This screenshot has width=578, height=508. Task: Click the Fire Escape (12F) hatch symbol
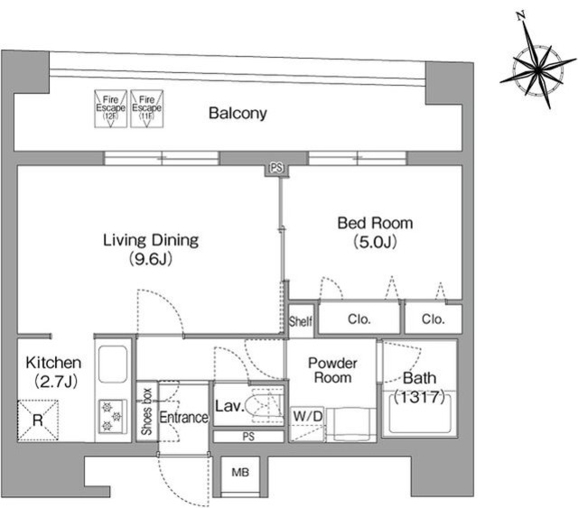110,108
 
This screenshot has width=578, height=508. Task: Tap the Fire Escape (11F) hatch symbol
146,108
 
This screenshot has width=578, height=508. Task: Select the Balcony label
238,113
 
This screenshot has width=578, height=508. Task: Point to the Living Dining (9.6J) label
151,249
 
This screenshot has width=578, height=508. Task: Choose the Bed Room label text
376,223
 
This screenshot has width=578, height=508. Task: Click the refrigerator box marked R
38,420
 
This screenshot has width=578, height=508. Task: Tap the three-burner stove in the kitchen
113,417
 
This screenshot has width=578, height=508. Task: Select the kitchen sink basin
113,365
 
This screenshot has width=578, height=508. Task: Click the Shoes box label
146,411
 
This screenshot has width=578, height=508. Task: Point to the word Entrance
184,418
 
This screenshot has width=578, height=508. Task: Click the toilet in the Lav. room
266,406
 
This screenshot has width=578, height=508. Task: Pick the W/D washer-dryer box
307,424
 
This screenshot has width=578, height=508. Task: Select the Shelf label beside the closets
301,321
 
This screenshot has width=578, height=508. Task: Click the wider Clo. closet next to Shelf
359,319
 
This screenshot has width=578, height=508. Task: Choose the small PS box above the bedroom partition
277,169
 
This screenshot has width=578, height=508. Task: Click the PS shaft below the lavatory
249,437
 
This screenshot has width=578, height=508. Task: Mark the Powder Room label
332,370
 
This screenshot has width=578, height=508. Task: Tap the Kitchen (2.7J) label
54,372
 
